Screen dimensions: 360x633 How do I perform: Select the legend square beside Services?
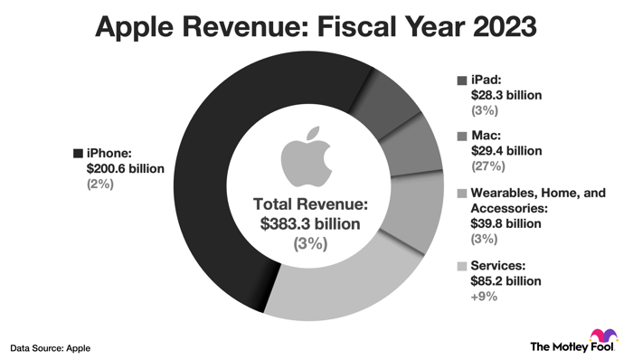(463, 266)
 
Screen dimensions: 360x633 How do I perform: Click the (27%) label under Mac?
(486, 167)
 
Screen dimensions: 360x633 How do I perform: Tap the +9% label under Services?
(483, 297)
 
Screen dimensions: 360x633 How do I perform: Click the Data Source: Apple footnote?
(51, 346)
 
